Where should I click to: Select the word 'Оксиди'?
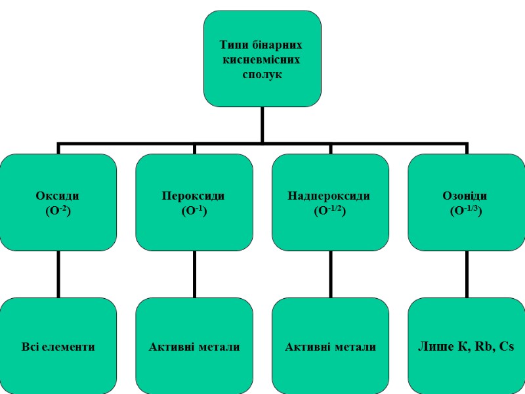click(58, 196)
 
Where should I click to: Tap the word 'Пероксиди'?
click(194, 196)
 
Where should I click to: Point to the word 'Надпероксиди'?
click(329, 196)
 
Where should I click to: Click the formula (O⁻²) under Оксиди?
click(58, 210)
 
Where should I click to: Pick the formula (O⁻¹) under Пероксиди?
click(194, 210)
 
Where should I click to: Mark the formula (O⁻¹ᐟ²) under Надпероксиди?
click(329, 210)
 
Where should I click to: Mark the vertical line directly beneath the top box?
click(262, 123)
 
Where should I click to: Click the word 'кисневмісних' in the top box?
click(262, 60)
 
